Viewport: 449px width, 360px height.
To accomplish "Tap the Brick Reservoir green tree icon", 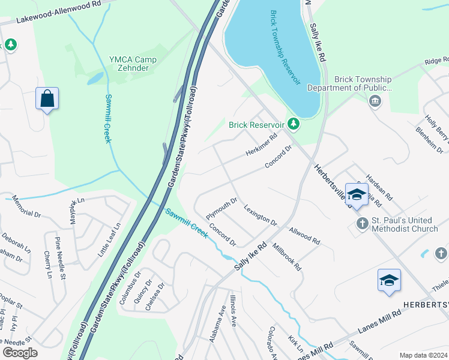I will pyautogui.click(x=293, y=124).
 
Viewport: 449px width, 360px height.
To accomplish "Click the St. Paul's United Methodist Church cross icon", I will pyautogui.click(x=361, y=224).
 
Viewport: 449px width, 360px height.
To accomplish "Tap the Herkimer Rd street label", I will pyautogui.click(x=261, y=145).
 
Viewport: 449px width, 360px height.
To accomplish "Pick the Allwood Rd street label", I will pyautogui.click(x=304, y=235).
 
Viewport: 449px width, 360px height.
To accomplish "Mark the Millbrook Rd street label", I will pyautogui.click(x=286, y=256).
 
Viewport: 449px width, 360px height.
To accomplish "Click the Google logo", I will pyautogui.click(x=20, y=352).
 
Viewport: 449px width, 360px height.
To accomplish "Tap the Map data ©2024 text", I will pyautogui.click(x=423, y=355).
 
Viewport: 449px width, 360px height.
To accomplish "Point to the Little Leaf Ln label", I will pyautogui.click(x=110, y=241).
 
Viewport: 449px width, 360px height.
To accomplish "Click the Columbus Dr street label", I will pyautogui.click(x=129, y=288).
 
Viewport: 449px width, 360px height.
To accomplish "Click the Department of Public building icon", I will pyautogui.click(x=375, y=101).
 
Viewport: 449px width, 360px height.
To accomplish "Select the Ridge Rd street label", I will pyautogui.click(x=436, y=61).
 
